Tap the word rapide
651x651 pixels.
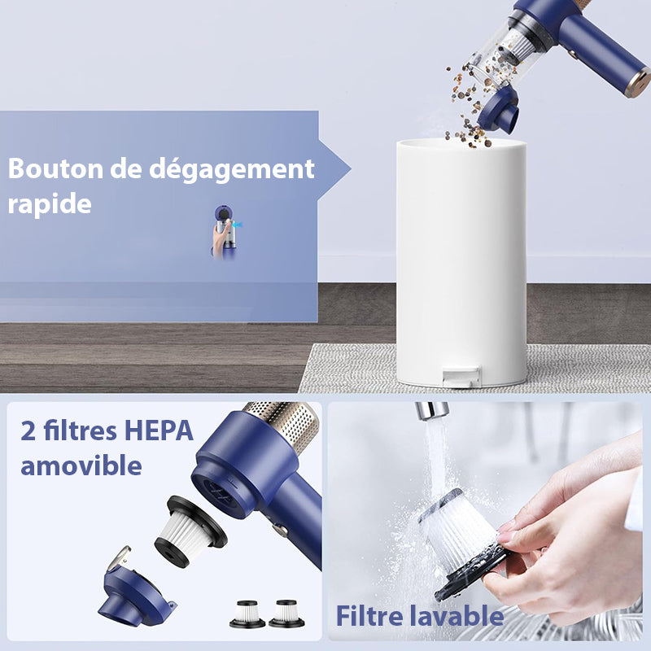(x=50, y=203)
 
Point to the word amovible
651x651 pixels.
(x=81, y=465)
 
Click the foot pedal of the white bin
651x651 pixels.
(x=460, y=377)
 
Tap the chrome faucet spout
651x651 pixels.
(x=431, y=410)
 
